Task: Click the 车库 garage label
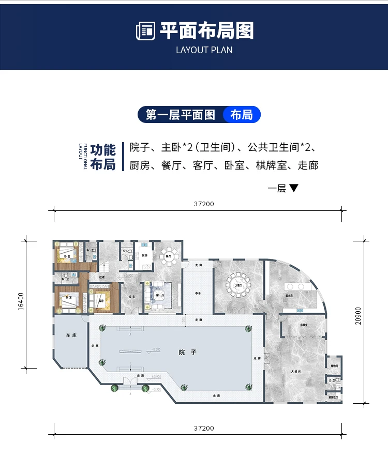point(71,335)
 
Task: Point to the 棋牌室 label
point(304,325)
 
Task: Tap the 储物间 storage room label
point(334,365)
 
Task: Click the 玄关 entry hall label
point(131,297)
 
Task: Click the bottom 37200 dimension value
point(204,428)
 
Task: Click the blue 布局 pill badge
point(242,115)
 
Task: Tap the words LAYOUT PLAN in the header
point(204,50)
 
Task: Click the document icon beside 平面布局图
point(145,32)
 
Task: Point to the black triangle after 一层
point(294,188)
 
